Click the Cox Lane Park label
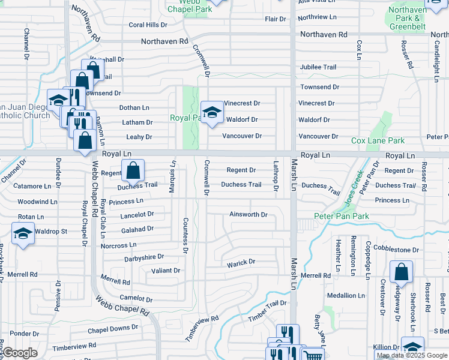tap(378, 140)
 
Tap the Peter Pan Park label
tap(341, 215)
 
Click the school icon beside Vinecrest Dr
tap(211, 112)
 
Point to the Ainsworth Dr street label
tap(248, 214)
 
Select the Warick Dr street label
tap(241, 262)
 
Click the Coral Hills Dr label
tap(148, 25)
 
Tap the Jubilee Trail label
tap(318, 67)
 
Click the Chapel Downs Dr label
tap(113, 329)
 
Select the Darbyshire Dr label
tap(144, 258)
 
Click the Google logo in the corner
tap(20, 353)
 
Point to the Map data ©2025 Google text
tap(411, 356)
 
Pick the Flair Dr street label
tap(275, 19)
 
